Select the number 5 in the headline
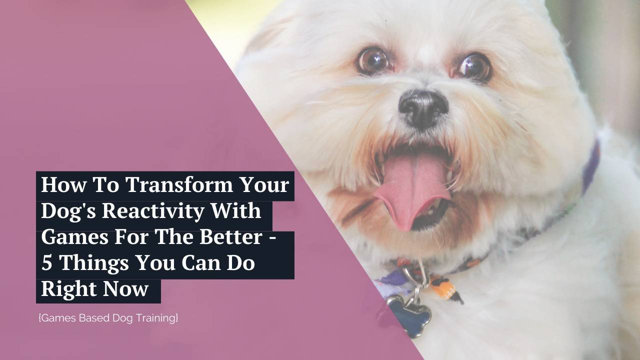pyautogui.click(x=46, y=263)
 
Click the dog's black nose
pyautogui.click(x=423, y=106)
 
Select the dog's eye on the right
pyautogui.click(x=472, y=67)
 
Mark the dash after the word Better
pyautogui.click(x=272, y=238)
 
